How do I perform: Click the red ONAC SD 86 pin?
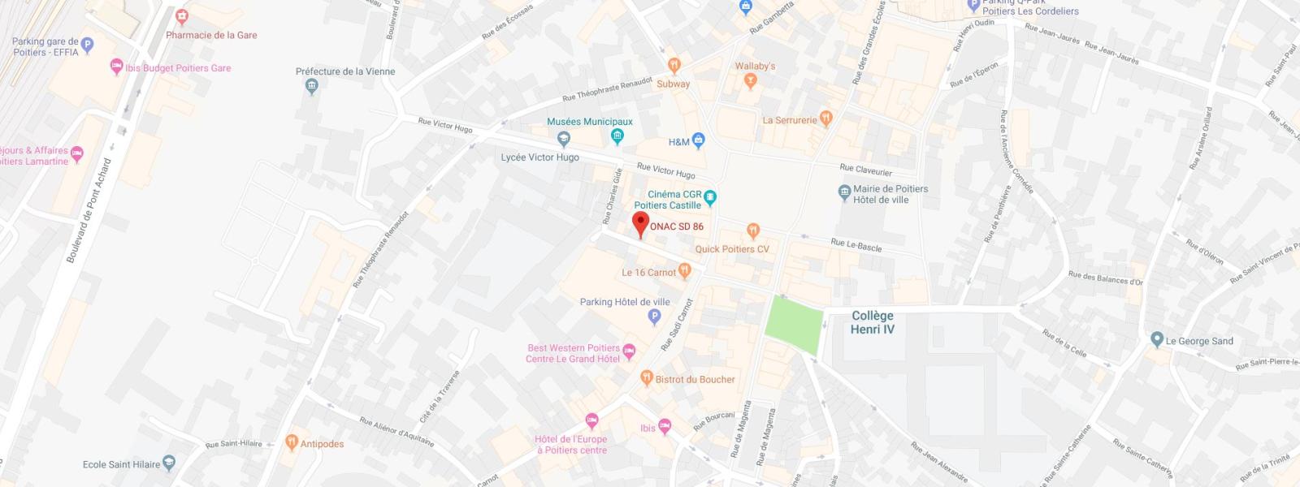coord(640,223)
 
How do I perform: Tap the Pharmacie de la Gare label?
coord(211,35)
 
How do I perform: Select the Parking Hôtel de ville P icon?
coord(654,317)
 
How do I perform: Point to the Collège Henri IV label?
coord(872,322)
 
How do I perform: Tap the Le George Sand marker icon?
coord(1157,340)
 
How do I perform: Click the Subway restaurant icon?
coord(674,66)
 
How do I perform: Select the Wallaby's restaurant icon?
coord(750,80)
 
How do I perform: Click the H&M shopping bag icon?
coord(698,142)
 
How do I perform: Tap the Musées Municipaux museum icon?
coord(617,136)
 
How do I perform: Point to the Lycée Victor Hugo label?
coord(540,157)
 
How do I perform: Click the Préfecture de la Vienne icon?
coord(310,88)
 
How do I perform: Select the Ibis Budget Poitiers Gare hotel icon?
coord(116,67)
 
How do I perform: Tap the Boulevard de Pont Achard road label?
coord(89,210)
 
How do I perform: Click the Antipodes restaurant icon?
coord(292,443)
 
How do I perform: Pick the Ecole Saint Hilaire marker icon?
coord(169,463)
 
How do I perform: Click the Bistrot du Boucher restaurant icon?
coord(647,378)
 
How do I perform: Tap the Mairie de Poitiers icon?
coord(844,193)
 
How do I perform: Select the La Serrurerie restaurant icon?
coord(826,119)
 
